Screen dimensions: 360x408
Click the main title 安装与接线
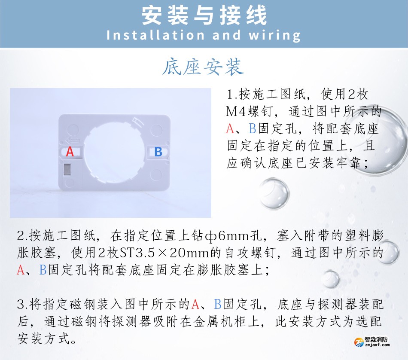[204, 15]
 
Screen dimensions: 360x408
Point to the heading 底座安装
[203, 67]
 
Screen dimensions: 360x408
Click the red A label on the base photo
[70, 152]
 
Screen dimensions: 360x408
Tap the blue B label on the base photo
[158, 152]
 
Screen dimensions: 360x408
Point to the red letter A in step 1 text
[231, 128]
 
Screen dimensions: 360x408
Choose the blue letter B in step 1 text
[253, 128]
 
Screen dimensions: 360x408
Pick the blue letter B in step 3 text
[217, 305]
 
